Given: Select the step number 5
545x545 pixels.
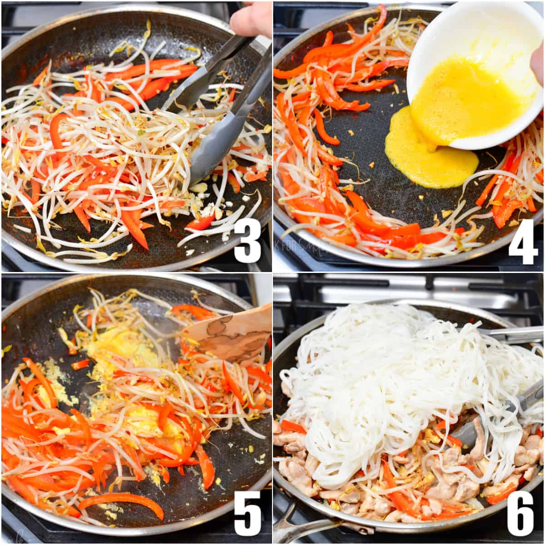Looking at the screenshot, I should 248,513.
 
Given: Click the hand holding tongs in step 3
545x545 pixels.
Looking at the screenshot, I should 250,18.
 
